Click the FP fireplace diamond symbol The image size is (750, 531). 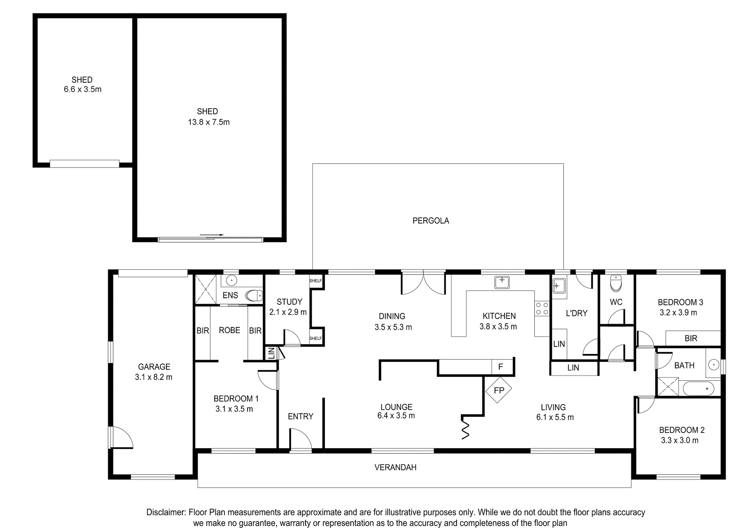(499, 390)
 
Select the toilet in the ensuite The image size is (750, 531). (254, 295)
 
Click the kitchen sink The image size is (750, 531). (502, 282)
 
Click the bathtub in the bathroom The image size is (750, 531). (698, 389)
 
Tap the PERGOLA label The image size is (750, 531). (431, 221)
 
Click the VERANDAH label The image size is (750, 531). (396, 467)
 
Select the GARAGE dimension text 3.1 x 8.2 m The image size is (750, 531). (154, 377)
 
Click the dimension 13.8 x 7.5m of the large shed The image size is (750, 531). (209, 122)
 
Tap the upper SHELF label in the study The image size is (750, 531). (315, 281)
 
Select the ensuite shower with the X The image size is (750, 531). (206, 289)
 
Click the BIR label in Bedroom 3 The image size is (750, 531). (691, 339)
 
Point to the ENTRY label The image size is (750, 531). (300, 416)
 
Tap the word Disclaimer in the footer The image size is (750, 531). (166, 512)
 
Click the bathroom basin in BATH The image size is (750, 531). (713, 365)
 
